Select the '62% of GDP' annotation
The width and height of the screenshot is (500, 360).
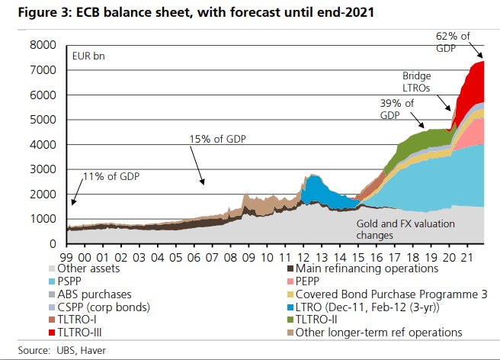click(x=454, y=41)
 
